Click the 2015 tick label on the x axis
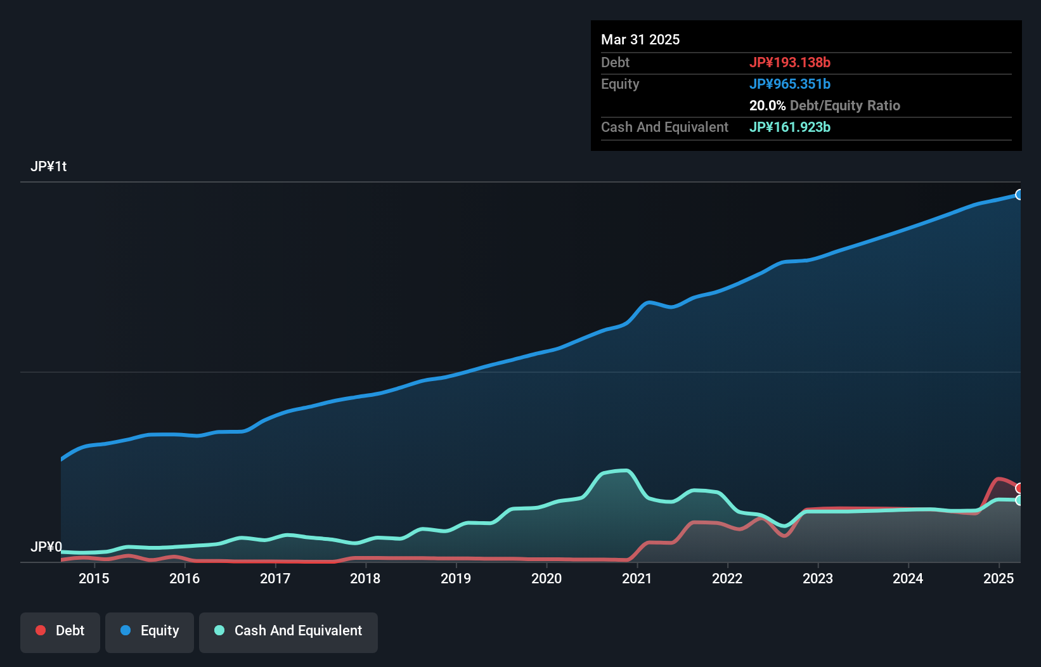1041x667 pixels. (94, 578)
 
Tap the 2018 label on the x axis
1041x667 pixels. (365, 578)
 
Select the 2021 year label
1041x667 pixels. (637, 578)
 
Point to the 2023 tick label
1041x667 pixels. (818, 578)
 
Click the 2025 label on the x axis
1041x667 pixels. (999, 578)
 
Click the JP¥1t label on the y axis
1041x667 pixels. (48, 167)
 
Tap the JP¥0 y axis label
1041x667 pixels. (46, 547)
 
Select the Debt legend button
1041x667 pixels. (60, 631)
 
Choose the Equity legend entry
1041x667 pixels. (150, 631)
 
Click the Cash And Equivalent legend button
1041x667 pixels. (288, 631)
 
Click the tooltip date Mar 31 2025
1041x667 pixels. (640, 39)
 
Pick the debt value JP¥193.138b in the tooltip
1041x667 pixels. (789, 62)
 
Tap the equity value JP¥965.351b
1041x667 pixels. (789, 84)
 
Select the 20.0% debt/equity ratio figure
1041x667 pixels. (767, 105)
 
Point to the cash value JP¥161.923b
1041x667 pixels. (789, 127)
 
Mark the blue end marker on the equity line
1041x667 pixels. (1019, 195)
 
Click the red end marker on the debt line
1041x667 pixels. (1019, 488)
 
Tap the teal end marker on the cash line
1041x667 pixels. (1019, 500)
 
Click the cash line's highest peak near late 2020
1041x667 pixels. (624, 470)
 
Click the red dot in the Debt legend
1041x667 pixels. (41, 630)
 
